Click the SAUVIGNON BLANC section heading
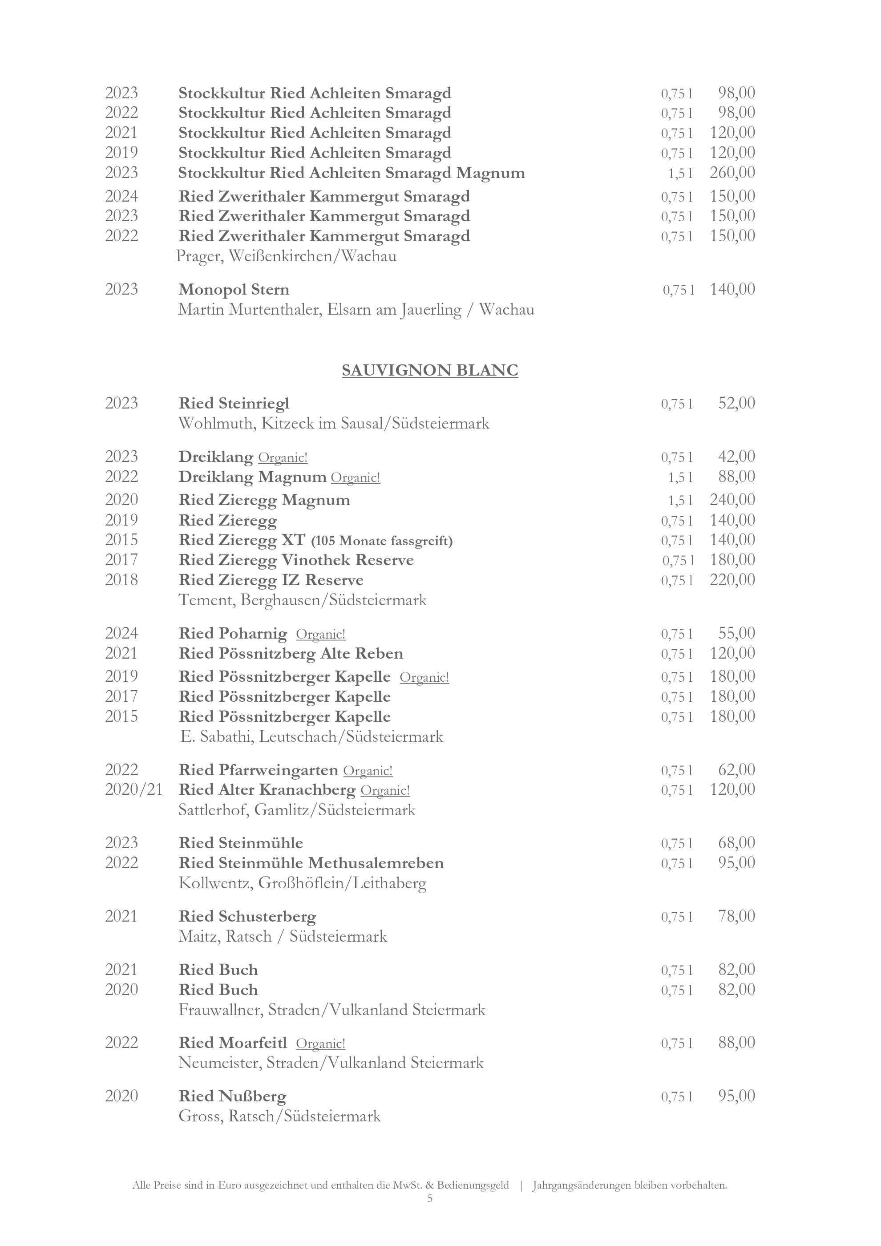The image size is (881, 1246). click(x=430, y=371)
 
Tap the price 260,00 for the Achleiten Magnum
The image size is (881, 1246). click(x=732, y=173)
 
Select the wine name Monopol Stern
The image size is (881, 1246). click(x=234, y=289)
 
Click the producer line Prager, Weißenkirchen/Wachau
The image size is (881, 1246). click(x=287, y=256)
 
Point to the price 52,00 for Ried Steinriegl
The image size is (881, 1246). click(x=736, y=403)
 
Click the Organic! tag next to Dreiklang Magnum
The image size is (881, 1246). click(x=356, y=477)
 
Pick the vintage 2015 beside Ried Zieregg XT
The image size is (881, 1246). click(x=121, y=540)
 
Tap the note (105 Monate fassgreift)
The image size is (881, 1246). click(x=382, y=541)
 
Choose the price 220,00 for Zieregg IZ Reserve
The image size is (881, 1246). click(x=732, y=579)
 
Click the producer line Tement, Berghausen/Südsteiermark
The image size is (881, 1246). click(x=302, y=600)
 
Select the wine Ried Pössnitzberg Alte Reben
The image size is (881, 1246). click(x=291, y=653)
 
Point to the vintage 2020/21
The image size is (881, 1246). click(x=133, y=789)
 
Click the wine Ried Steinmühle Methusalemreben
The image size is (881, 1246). click(x=311, y=863)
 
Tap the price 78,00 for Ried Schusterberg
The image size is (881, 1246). click(x=736, y=916)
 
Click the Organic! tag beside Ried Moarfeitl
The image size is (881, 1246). click(x=321, y=1044)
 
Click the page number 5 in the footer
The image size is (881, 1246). click(x=430, y=1198)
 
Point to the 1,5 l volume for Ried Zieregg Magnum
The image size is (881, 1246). click(x=680, y=500)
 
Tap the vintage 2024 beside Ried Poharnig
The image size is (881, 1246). click(x=121, y=633)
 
